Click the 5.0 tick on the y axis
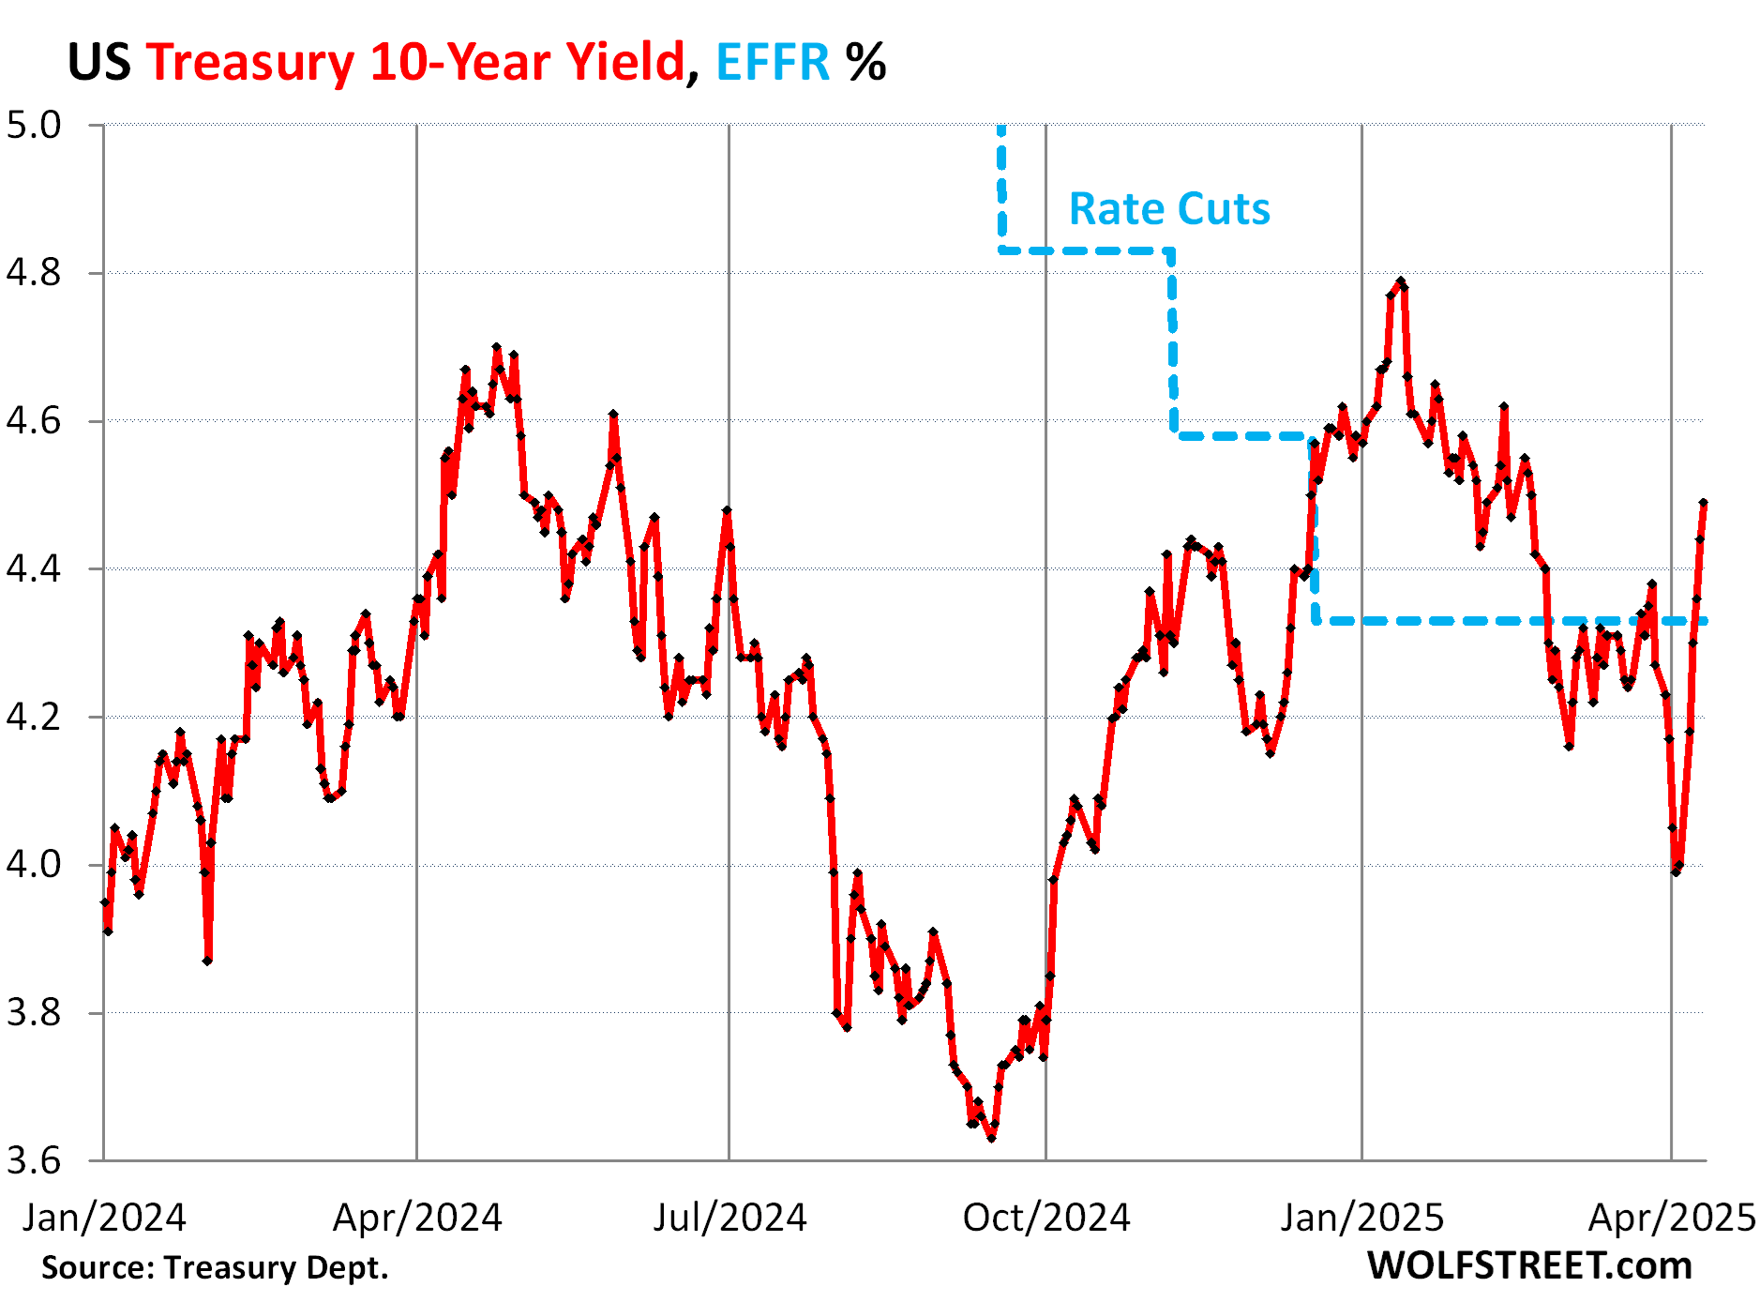[x=34, y=125]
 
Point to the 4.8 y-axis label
[x=34, y=273]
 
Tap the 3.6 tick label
[x=34, y=1161]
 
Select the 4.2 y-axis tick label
[x=34, y=717]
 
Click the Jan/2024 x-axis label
[x=104, y=1218]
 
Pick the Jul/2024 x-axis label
[x=729, y=1218]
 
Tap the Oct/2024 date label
[x=1046, y=1218]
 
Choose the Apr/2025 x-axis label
[x=1671, y=1218]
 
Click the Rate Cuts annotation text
[x=1169, y=208]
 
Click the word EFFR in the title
[x=773, y=63]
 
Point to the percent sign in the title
[x=865, y=63]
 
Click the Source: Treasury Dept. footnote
[x=215, y=1267]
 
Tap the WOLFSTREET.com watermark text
[x=1529, y=1265]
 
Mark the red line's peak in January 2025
[x=1401, y=280]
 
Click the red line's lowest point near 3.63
[x=991, y=1138]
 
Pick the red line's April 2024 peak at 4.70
[x=497, y=347]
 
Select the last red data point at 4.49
[x=1703, y=503]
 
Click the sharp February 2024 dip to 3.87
[x=207, y=961]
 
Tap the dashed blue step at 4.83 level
[x=1086, y=250]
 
